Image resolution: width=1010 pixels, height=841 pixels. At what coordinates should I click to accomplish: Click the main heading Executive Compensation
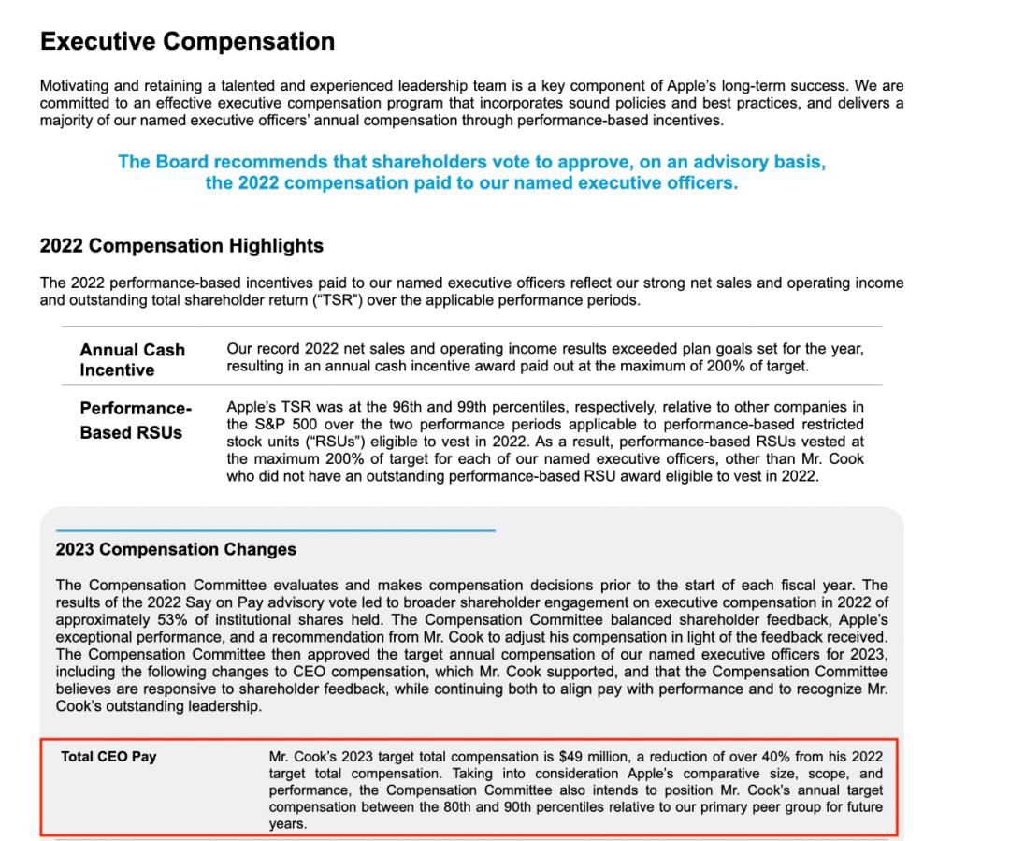pos(187,42)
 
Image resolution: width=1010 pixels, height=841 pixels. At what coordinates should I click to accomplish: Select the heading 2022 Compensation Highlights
pos(181,246)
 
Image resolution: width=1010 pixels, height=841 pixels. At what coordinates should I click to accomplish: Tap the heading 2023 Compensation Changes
pos(176,549)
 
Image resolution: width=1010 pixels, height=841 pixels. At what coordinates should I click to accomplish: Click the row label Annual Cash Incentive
pos(132,359)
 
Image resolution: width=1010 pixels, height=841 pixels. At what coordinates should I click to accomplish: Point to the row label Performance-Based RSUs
pos(135,421)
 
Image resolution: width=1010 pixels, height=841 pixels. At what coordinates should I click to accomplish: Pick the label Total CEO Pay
pos(108,757)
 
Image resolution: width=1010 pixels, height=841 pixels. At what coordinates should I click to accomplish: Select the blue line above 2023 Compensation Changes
pos(275,530)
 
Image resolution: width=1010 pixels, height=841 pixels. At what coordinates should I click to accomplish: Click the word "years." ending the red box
pos(287,823)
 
